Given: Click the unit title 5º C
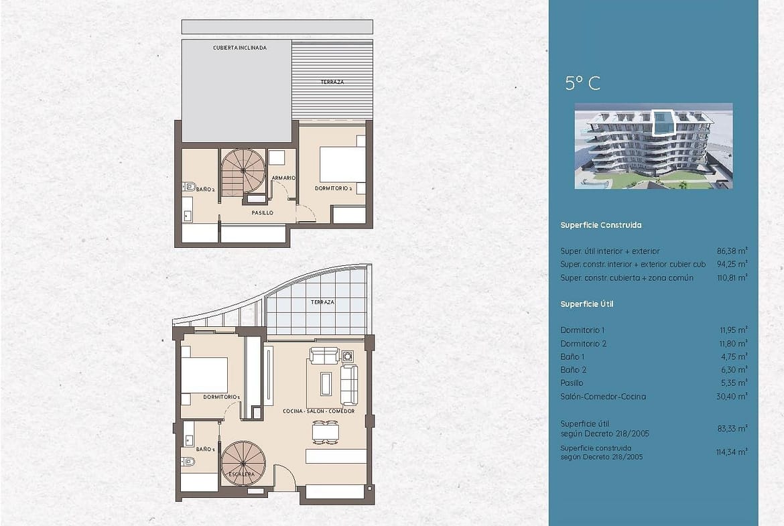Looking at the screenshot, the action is click(x=582, y=83).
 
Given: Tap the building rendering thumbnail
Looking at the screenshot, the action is click(x=653, y=146).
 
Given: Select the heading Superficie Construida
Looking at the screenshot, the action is click(x=600, y=225).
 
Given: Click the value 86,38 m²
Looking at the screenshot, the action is click(x=732, y=251).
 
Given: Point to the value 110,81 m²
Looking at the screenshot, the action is click(x=732, y=277).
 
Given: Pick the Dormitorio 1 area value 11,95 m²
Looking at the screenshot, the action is click(x=734, y=330).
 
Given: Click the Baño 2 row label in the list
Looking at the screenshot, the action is click(x=573, y=370).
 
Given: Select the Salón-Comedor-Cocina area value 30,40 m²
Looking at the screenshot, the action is click(x=732, y=396).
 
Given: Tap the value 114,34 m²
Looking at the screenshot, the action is click(x=732, y=452).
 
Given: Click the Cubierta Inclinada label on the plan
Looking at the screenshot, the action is click(x=240, y=48).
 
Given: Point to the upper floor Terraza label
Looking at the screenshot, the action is click(x=332, y=82).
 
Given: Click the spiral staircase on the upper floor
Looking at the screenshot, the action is click(x=243, y=173).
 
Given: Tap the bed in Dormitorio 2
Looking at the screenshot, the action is click(x=342, y=164).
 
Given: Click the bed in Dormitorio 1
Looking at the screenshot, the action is click(x=204, y=375).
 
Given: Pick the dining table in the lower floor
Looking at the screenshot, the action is click(x=326, y=432).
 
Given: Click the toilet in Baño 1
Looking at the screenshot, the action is click(x=188, y=462).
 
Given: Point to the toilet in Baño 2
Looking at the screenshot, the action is click(x=188, y=187).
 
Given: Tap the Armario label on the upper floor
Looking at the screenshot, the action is click(x=283, y=178).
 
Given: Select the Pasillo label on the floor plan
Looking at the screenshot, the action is click(x=263, y=213).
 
